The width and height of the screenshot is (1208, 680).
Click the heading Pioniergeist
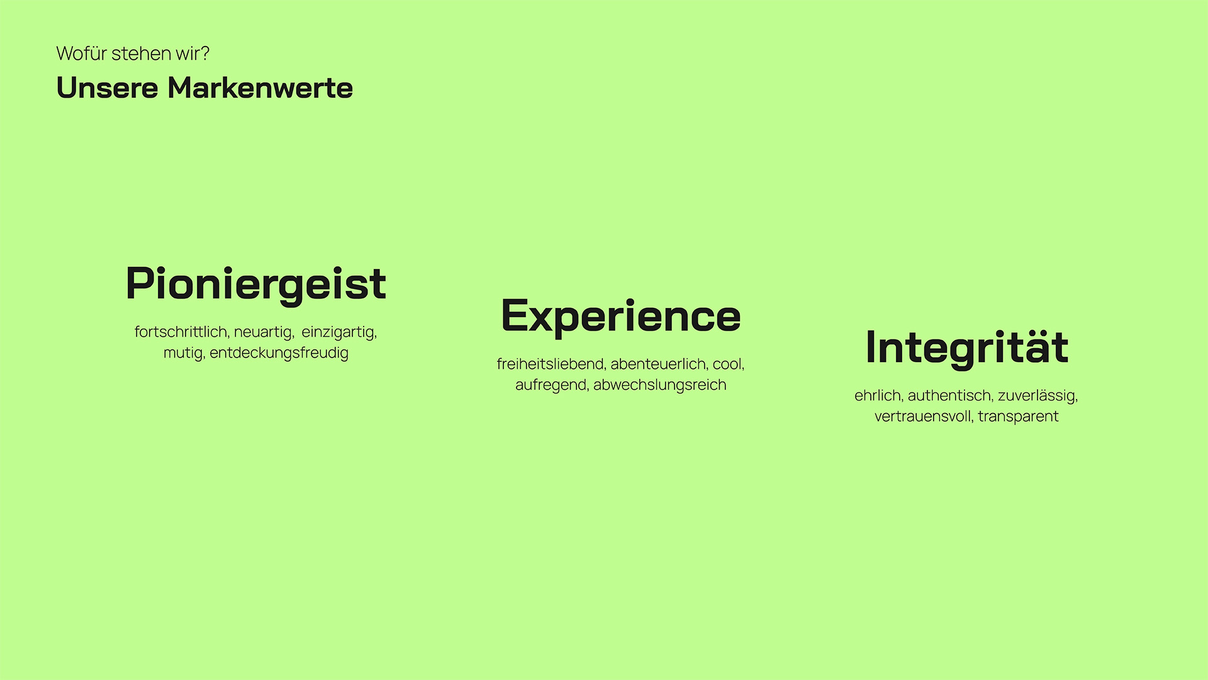point(255,285)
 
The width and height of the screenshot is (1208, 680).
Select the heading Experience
point(621,317)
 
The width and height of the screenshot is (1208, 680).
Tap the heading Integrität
point(967,348)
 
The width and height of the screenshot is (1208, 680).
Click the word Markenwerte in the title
point(260,88)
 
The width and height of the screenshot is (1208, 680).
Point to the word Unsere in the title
point(108,88)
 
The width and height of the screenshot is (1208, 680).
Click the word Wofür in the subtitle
point(82,54)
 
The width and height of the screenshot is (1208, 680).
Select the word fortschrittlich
point(181,332)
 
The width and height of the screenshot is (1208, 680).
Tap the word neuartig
point(264,332)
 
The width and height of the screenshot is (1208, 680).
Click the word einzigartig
point(339,332)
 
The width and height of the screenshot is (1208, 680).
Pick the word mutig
point(184,353)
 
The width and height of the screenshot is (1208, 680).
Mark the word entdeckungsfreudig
point(279,353)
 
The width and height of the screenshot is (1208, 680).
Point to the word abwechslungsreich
point(660,385)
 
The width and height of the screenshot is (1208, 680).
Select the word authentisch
point(950,395)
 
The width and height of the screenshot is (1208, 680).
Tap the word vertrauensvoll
point(924,417)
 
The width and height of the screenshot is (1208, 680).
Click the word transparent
point(1018,417)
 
